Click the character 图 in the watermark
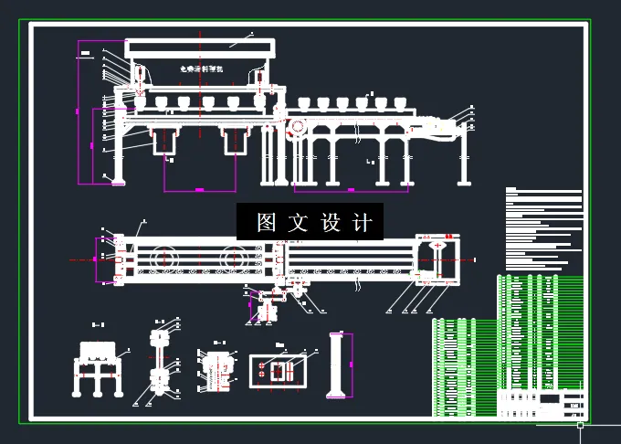tap(267, 222)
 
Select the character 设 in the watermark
tap(332, 222)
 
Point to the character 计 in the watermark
tap(363, 222)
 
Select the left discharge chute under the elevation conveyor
tap(166, 142)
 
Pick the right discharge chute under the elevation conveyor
tap(235, 142)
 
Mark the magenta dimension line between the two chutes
tap(200, 189)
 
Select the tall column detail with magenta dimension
tap(335, 365)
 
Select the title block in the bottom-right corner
tap(543, 403)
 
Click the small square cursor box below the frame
tap(580, 425)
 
